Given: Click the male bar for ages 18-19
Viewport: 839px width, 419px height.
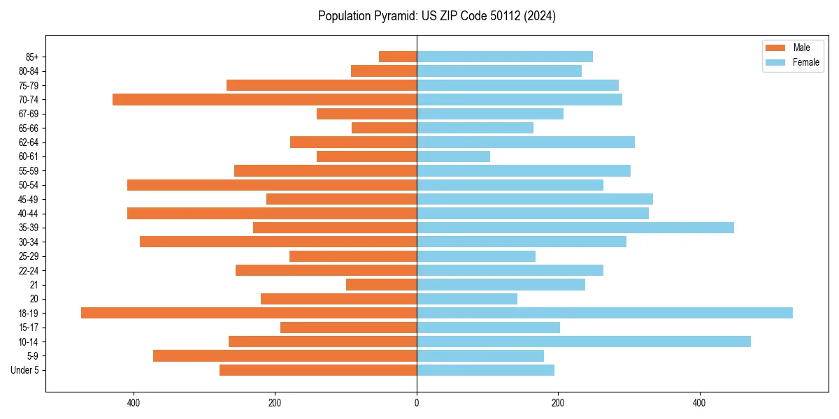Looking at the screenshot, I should (x=248, y=313).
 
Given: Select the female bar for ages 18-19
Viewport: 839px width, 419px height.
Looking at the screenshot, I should (x=605, y=313).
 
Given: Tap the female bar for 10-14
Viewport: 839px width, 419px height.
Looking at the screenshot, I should (x=584, y=341).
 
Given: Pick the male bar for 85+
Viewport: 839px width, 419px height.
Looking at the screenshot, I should (x=398, y=57).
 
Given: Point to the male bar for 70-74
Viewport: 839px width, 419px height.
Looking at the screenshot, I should (x=264, y=99).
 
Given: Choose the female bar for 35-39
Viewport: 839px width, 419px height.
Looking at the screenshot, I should (x=575, y=228).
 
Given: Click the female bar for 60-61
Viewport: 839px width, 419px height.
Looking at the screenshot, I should (x=453, y=156).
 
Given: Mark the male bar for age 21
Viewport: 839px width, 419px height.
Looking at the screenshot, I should (x=381, y=285).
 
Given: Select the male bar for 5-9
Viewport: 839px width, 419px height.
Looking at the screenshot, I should (x=285, y=355).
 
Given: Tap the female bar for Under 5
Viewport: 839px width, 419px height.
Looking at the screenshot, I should (x=485, y=370).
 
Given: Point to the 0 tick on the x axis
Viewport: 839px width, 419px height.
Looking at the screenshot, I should (x=417, y=403).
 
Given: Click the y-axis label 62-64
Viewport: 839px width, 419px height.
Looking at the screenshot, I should (x=29, y=142).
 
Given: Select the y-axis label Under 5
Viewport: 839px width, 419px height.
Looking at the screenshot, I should (x=25, y=370).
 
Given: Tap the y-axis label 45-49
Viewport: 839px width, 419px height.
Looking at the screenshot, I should (x=29, y=199).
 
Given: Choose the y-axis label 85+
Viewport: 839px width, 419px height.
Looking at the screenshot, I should (x=31, y=57).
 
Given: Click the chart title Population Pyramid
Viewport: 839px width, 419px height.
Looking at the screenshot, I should (x=436, y=16).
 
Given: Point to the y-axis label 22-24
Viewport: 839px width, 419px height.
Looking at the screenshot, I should (x=29, y=270).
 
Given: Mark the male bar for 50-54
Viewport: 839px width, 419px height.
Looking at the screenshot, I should (x=272, y=185).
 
